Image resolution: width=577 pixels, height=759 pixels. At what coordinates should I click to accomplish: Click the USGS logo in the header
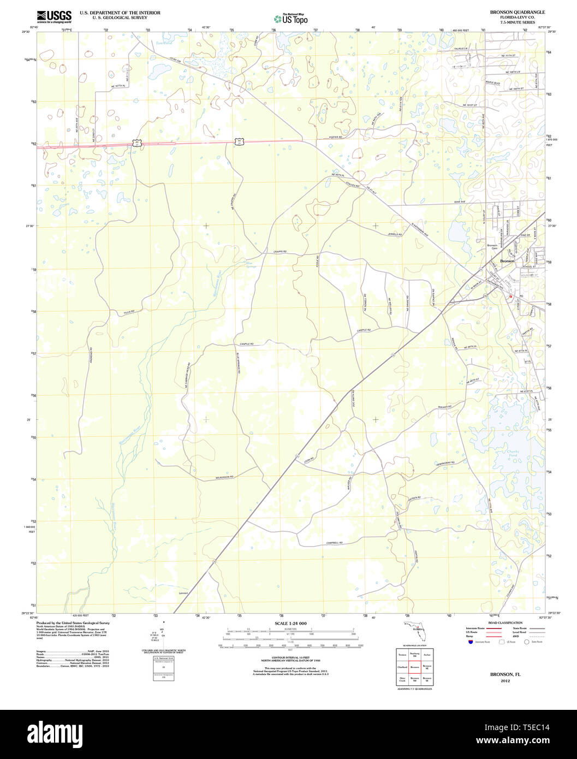(54, 16)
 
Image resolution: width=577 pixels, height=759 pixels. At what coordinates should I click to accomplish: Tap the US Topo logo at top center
(290, 19)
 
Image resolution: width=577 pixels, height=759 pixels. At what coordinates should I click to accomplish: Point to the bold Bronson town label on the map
(507, 262)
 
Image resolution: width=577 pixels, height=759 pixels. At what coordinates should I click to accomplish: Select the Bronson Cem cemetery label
(492, 247)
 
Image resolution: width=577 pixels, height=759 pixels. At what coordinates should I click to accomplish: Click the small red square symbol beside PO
(510, 297)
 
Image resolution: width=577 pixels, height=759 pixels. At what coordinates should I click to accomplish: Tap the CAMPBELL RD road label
(334, 542)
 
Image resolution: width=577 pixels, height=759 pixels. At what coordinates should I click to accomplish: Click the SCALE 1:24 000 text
(290, 624)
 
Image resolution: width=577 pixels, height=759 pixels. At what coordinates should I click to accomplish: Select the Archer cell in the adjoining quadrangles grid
(427, 654)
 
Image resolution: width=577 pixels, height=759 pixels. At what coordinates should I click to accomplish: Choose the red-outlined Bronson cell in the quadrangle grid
(415, 667)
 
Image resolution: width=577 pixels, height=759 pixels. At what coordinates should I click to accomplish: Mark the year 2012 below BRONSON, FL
(505, 681)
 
